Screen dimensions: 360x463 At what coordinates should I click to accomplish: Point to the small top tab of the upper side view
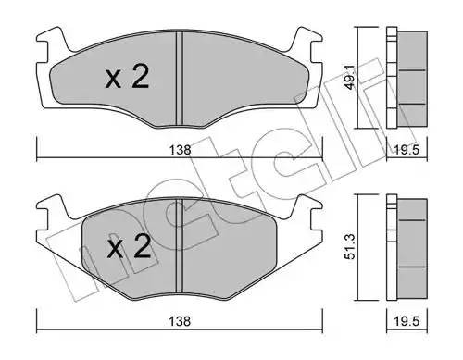coord(393,34)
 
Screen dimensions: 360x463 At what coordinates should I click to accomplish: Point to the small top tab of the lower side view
coord(393,202)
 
